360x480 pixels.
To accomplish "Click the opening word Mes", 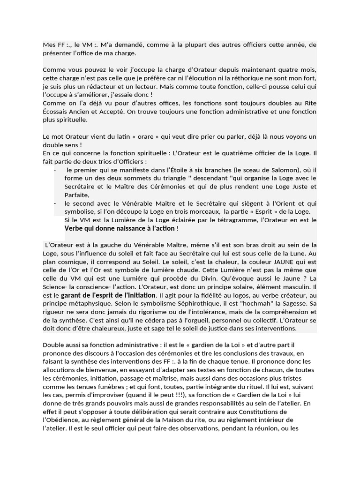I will [49, 45].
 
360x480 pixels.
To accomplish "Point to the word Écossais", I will [55, 112].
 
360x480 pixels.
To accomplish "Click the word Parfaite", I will [76, 195].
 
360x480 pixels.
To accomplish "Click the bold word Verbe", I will [75, 229].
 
